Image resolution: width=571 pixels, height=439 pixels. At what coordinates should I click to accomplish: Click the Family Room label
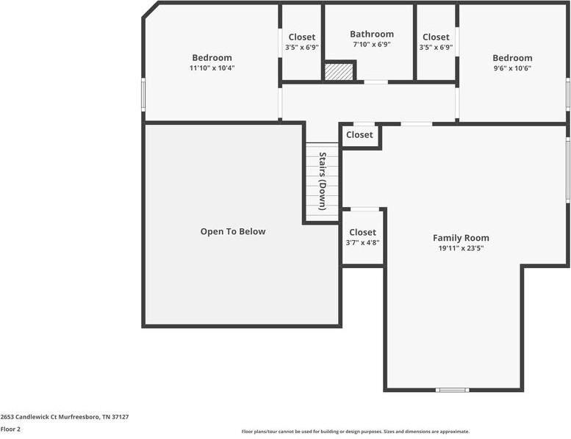pos(461,238)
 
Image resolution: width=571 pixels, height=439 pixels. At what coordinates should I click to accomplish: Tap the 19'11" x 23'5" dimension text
pos(461,248)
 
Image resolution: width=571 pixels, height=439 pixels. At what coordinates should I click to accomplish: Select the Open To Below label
pos(233,231)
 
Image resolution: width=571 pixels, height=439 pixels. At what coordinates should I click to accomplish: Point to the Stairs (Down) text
pos(322,181)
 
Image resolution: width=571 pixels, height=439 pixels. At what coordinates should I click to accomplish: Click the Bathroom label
pos(371,34)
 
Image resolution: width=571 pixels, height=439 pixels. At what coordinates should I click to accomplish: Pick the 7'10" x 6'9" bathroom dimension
pos(371,44)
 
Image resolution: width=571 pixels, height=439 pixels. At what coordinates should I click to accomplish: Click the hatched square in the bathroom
pos(339,71)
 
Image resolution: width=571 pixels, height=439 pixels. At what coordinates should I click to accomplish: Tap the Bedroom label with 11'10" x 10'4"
pos(212,58)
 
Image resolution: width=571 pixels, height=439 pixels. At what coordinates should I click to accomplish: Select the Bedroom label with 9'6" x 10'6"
pos(512,58)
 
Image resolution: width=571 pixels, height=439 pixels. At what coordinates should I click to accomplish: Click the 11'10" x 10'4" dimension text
pos(212,68)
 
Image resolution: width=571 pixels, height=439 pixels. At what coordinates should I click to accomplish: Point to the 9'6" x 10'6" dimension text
pos(512,68)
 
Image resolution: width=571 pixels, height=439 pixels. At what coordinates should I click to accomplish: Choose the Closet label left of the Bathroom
pos(301,37)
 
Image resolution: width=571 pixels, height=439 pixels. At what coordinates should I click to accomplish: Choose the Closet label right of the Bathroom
pos(436,37)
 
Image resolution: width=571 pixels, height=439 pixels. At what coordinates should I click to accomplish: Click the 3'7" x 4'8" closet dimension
pos(362,242)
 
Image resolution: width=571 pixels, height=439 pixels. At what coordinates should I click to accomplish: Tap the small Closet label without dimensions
pos(359,135)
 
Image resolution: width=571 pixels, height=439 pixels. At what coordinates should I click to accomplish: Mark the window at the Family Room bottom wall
pos(452,390)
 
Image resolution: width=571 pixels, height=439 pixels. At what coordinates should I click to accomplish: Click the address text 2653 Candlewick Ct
pos(65,416)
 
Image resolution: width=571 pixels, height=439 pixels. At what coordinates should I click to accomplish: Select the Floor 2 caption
pos(10,429)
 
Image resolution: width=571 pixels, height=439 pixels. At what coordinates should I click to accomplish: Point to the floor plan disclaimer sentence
pos(355,432)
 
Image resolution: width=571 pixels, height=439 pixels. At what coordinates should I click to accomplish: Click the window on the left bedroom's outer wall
pos(143,95)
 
